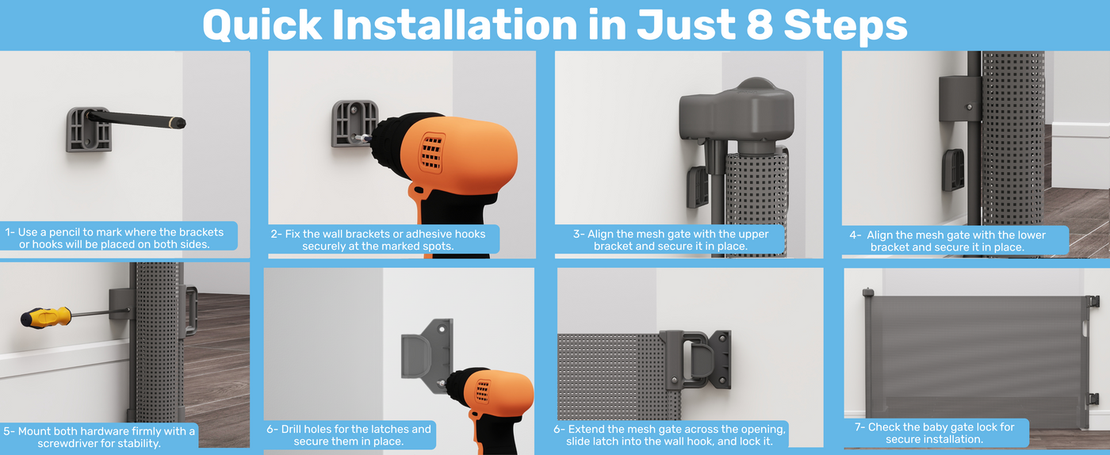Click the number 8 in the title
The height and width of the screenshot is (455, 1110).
(759, 25)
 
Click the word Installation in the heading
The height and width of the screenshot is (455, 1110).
(454, 25)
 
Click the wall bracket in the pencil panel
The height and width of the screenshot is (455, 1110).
(89, 130)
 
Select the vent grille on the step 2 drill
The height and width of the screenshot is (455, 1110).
(431, 153)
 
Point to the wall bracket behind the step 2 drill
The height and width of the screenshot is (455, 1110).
(355, 123)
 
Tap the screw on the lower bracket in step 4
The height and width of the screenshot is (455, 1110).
(970, 107)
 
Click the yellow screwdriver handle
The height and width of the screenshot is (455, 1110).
(46, 317)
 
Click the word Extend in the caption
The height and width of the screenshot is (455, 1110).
(587, 429)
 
